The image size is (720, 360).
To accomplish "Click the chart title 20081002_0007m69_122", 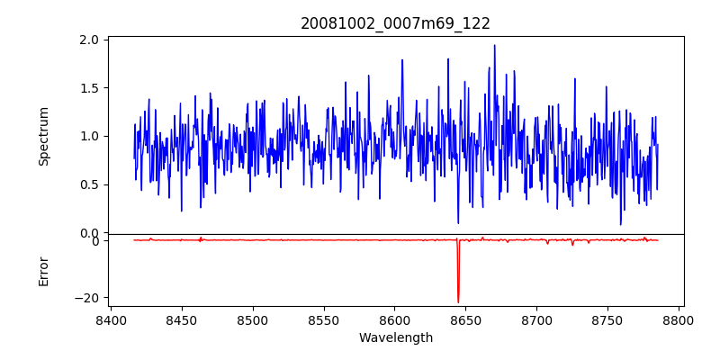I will (395, 23).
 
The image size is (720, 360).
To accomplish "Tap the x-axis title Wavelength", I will (395, 337).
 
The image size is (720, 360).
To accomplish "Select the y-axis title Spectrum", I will (43, 136).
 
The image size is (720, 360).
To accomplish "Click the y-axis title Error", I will (43, 271).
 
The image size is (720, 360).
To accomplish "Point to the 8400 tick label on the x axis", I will (111, 319).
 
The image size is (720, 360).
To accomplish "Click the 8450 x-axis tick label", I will (182, 319).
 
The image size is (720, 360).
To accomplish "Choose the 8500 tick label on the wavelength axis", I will (253, 319).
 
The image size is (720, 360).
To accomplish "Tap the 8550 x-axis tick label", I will (324, 319).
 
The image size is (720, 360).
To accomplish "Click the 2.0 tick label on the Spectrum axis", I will (89, 40).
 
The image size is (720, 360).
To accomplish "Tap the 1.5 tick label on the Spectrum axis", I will (89, 88).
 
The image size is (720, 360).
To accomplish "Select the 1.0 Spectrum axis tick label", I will (89, 137).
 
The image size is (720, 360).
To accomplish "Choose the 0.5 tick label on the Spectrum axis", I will (89, 184).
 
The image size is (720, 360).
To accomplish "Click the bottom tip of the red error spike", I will (458, 302).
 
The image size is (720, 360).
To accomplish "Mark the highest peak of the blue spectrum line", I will (494, 45).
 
